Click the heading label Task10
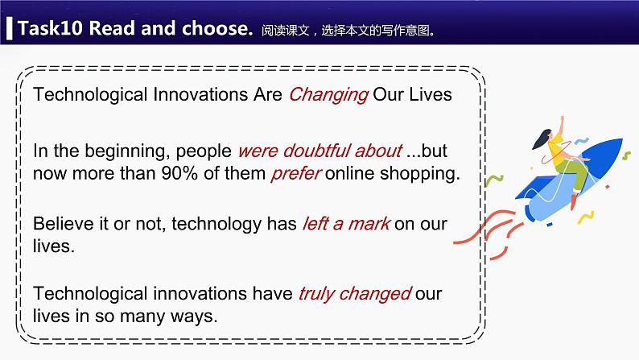coord(50,29)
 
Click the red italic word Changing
coord(328,94)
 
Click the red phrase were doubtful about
coord(319,151)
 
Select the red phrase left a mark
coord(345,224)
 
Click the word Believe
coord(63,224)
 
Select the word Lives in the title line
coord(431,94)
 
